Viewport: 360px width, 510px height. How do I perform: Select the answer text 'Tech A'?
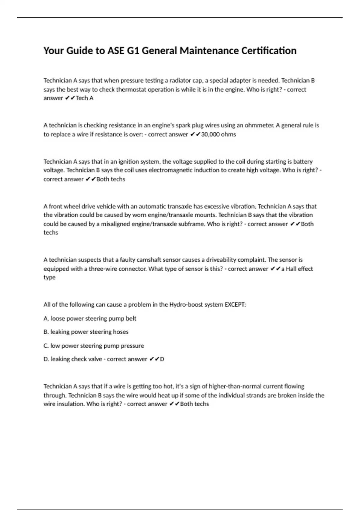point(85,98)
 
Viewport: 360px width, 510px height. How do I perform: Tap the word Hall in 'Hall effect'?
point(291,269)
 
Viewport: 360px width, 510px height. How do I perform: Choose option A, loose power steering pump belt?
point(90,318)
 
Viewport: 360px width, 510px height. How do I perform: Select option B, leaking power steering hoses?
point(86,332)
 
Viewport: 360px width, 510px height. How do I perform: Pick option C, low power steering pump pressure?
point(94,346)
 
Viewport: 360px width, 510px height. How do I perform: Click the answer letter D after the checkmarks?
point(162,359)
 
